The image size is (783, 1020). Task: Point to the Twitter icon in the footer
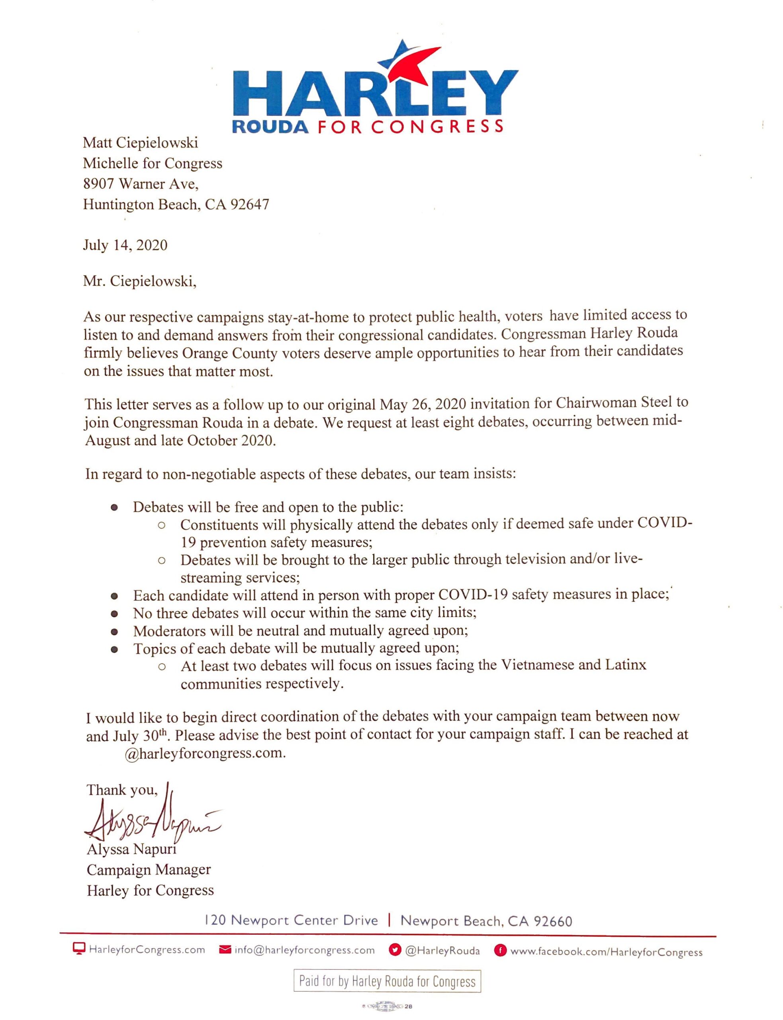pyautogui.click(x=395, y=951)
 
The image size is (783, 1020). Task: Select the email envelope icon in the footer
pyautogui.click(x=225, y=950)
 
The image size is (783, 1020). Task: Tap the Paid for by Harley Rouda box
pyautogui.click(x=387, y=981)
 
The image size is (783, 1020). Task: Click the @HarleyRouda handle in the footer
pyautogui.click(x=442, y=951)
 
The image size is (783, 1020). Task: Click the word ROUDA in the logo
pyautogui.click(x=270, y=127)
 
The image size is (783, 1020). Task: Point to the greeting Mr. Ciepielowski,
pyautogui.click(x=139, y=282)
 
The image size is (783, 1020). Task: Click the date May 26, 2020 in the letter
pyautogui.click(x=421, y=403)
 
